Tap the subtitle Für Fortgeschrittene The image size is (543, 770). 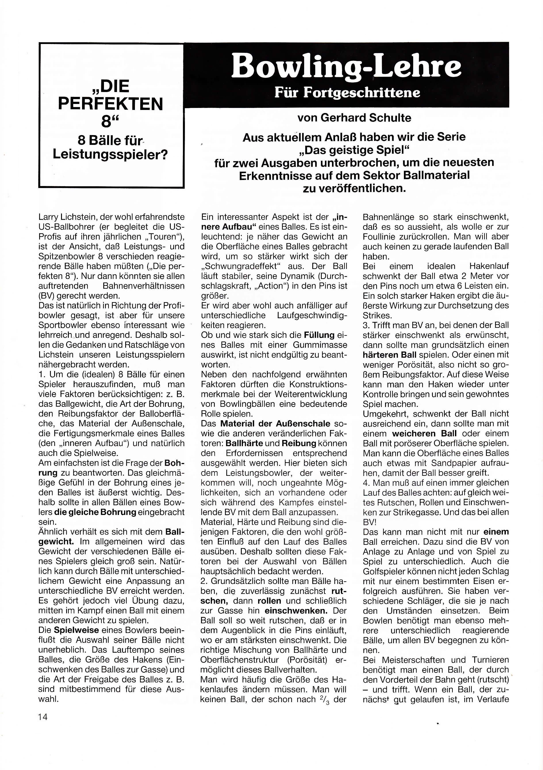pyautogui.click(x=347, y=92)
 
